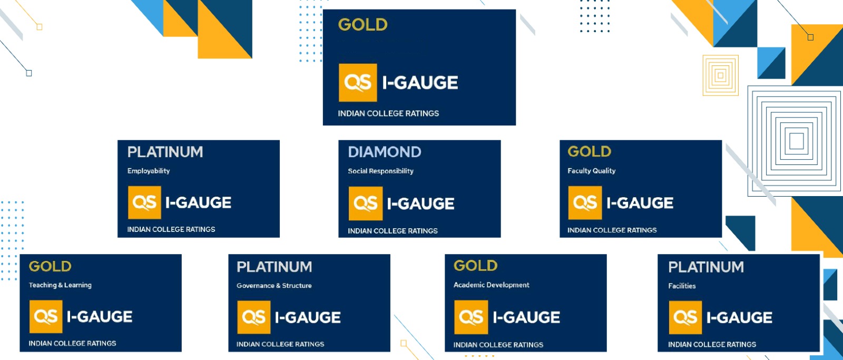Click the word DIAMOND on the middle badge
[x=384, y=152]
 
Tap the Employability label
[x=148, y=171]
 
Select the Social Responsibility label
[x=380, y=171]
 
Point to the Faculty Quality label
[x=591, y=171]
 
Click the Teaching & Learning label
[x=60, y=285]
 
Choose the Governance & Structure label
[x=274, y=286]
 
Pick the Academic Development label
[x=491, y=285]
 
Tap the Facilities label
[x=682, y=286]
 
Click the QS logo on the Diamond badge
[x=366, y=204]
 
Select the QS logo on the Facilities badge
[x=685, y=317]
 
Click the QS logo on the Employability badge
[x=144, y=202]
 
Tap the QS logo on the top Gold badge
[x=358, y=82]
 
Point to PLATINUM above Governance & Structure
[x=275, y=267]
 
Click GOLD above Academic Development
[x=476, y=266]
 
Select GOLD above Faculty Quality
[x=590, y=151]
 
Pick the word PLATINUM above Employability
[x=165, y=152]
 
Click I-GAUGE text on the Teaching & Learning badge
[x=100, y=317]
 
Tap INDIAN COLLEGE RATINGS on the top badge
[x=388, y=113]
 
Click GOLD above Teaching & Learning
[x=50, y=267]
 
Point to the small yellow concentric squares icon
[x=720, y=75]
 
